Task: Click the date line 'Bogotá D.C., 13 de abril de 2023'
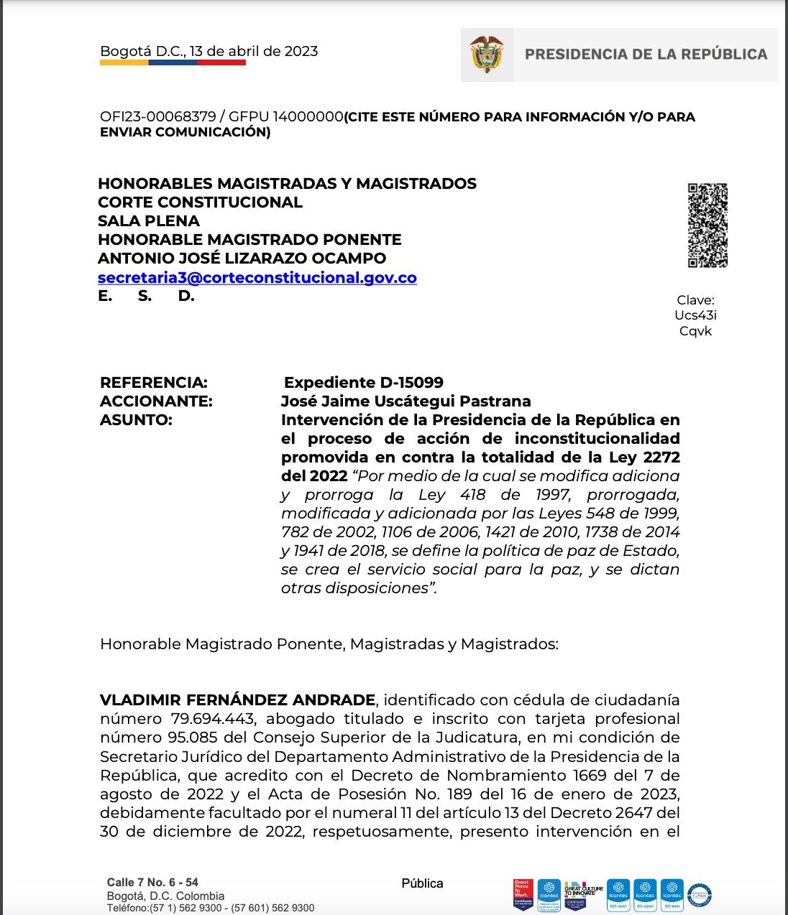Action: (209, 51)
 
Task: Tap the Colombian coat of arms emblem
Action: (487, 55)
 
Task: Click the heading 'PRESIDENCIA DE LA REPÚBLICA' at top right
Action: (646, 54)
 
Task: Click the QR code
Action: (707, 226)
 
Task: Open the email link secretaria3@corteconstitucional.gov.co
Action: (257, 277)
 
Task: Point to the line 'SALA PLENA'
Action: (149, 220)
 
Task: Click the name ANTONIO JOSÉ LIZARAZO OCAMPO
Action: (242, 258)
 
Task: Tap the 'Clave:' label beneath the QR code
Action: (695, 300)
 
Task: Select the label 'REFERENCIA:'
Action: (153, 382)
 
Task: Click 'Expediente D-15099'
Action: (363, 382)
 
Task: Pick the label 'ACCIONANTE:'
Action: (156, 401)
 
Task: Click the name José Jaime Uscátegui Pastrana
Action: (406, 401)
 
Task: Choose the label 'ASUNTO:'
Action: (136, 419)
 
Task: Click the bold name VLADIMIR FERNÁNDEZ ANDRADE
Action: (237, 700)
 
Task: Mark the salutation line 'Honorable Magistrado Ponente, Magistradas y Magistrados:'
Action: (329, 644)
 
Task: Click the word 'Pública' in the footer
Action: (422, 883)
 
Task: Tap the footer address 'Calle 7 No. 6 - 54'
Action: (152, 882)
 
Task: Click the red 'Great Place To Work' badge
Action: (523, 895)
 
